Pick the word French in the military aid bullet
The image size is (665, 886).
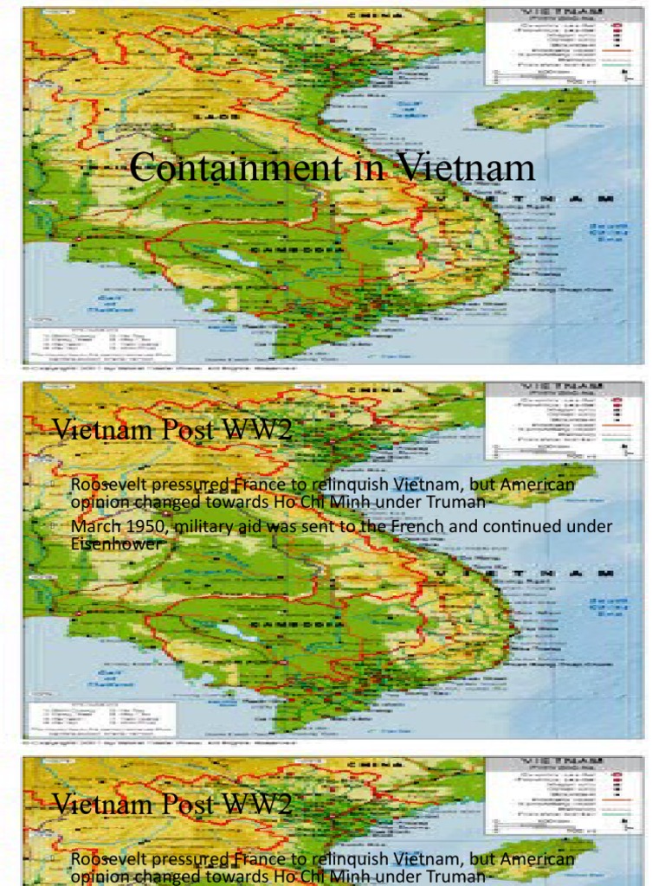427,527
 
